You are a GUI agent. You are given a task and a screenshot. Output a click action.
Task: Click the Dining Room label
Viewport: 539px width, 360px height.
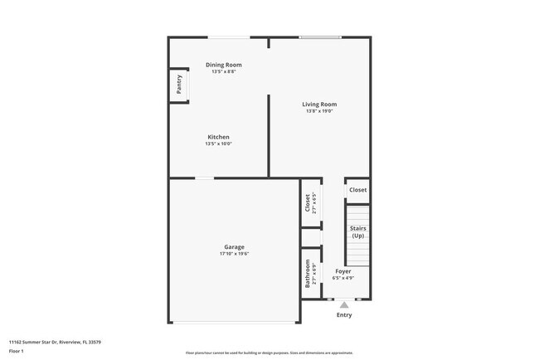tap(223, 65)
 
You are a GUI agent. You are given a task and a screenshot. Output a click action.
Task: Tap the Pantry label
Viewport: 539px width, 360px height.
tap(178, 85)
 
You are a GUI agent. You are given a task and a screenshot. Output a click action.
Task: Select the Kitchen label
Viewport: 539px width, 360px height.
tap(218, 137)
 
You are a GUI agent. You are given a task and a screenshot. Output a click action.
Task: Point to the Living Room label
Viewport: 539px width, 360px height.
tap(319, 105)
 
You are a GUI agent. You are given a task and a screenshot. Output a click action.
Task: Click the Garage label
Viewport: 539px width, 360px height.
tap(234, 247)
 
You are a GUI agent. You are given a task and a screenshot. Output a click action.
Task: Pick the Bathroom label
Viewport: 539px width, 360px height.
tap(307, 273)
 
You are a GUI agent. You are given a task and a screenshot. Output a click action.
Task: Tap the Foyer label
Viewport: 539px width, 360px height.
tap(343, 271)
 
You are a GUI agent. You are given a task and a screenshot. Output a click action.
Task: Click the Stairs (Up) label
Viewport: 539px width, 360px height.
tap(357, 232)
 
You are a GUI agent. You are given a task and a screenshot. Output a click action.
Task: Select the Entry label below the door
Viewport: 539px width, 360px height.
tap(343, 315)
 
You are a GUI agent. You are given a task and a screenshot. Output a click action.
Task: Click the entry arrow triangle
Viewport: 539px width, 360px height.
tap(343, 304)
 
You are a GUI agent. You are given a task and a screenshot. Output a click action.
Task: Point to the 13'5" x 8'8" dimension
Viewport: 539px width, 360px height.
tap(223, 71)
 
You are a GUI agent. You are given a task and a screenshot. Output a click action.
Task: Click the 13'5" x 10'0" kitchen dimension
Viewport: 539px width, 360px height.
tap(218, 144)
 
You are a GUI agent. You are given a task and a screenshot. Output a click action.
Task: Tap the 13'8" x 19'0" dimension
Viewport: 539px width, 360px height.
tap(319, 111)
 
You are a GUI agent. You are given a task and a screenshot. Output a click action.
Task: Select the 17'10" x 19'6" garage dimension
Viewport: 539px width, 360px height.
tap(234, 254)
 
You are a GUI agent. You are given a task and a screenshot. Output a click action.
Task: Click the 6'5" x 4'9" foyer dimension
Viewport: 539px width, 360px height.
tap(343, 278)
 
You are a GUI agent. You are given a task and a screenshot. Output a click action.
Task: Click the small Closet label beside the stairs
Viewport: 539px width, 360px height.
tap(357, 190)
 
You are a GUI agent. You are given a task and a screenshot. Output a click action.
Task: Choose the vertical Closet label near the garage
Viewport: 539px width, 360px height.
tap(307, 203)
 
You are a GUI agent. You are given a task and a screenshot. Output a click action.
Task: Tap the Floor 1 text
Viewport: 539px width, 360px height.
tap(17, 351)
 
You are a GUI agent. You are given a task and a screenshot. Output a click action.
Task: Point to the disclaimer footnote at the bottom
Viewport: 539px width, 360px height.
tap(269, 353)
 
